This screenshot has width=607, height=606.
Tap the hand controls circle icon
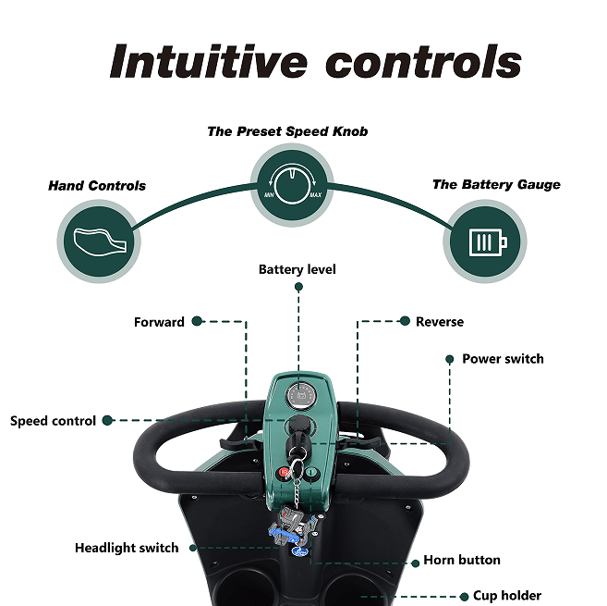point(97,239)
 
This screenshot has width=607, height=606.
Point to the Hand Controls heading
point(97,186)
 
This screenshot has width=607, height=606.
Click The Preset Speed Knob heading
point(287,131)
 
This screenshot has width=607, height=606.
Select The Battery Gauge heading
point(496,184)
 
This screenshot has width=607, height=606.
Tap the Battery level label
point(297,270)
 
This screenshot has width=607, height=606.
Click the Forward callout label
point(159,322)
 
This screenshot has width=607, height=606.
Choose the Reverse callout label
point(440,322)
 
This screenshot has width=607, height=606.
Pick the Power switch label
point(503,359)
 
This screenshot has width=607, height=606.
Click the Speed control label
point(54,421)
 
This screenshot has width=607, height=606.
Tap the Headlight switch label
point(127,548)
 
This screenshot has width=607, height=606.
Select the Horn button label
point(462,560)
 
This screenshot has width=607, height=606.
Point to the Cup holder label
point(507,596)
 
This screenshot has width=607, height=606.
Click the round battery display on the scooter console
point(299,396)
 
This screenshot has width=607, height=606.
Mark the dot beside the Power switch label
point(450,359)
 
